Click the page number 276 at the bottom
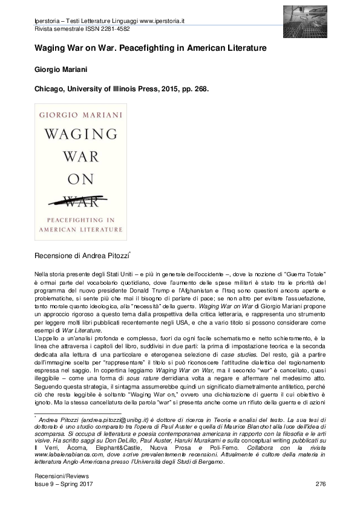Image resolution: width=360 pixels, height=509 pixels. click(321, 485)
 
